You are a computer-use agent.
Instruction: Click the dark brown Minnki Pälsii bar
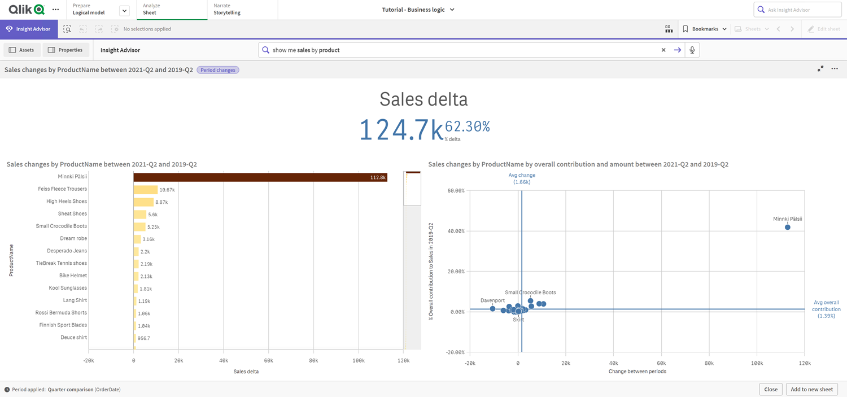(260, 177)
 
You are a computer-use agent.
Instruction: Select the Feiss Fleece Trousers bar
(145, 190)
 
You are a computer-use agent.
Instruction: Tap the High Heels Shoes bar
(143, 202)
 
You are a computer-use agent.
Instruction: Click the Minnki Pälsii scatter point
(788, 227)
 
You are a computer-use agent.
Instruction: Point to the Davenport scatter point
(493, 309)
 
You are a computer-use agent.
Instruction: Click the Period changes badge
(218, 70)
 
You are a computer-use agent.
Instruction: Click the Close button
(771, 389)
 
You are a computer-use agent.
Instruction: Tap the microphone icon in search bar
(692, 50)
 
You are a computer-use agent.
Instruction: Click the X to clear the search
(663, 50)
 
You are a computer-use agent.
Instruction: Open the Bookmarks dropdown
(705, 29)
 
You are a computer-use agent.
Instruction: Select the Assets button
(21, 50)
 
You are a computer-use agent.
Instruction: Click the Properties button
(66, 50)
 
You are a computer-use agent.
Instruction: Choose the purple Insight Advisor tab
(29, 29)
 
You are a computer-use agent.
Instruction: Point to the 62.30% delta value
(467, 126)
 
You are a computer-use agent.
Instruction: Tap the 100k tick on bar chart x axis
(358, 360)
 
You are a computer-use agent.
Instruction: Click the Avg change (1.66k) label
(522, 178)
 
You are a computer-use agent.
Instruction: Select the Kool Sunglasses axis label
(68, 288)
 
